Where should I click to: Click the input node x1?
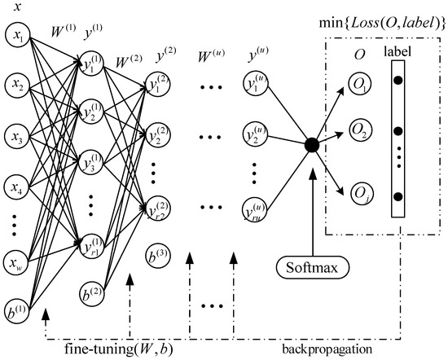point(17,36)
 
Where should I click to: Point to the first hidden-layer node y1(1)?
point(92,64)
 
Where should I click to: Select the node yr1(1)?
point(92,246)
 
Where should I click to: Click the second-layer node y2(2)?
point(157,134)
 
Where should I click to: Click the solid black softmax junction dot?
point(310,146)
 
